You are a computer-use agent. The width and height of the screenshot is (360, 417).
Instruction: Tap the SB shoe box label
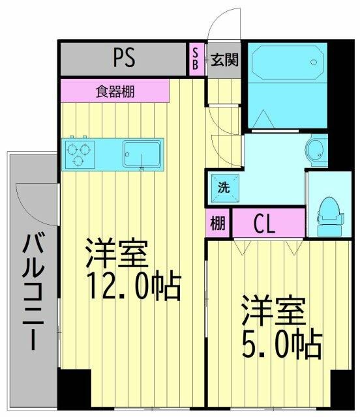(x=195, y=59)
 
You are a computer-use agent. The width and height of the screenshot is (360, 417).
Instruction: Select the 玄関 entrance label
(x=224, y=60)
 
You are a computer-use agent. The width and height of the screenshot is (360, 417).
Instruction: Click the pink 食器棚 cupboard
(x=115, y=91)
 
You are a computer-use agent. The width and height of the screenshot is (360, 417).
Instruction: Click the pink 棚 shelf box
(x=218, y=223)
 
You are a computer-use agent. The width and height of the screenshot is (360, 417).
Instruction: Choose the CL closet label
(x=264, y=224)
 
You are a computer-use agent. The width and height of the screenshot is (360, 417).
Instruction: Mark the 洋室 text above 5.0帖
(x=274, y=310)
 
